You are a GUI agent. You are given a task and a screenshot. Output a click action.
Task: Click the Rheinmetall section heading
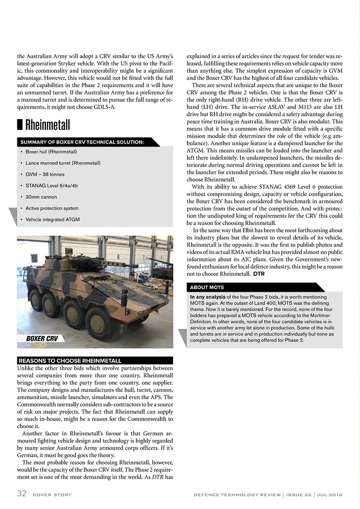[x=47, y=125]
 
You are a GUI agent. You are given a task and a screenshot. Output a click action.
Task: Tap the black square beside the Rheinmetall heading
[x=20, y=125]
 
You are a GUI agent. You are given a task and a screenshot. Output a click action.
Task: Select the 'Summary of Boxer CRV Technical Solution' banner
[x=81, y=142]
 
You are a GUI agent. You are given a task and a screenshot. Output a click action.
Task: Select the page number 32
[x=22, y=494]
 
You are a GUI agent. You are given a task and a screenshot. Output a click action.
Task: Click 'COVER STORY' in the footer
[x=52, y=495]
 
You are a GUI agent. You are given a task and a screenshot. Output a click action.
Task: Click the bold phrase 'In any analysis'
[x=208, y=297]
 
